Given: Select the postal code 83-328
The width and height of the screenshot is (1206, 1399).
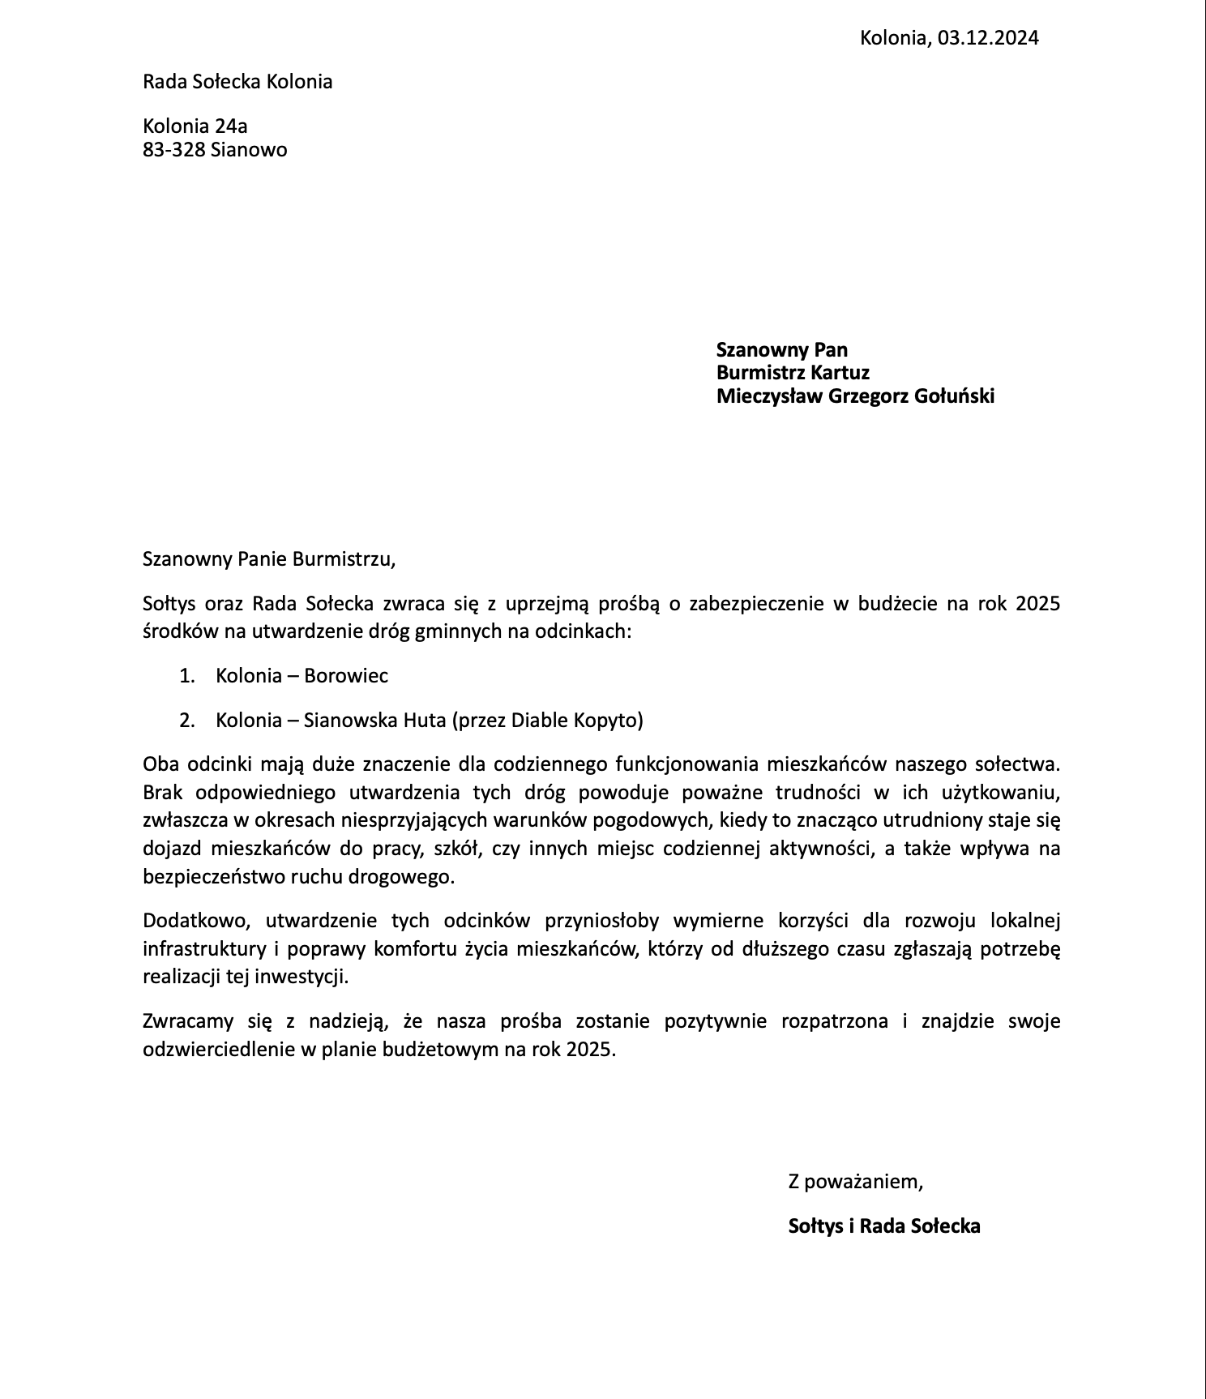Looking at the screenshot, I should click(x=173, y=150).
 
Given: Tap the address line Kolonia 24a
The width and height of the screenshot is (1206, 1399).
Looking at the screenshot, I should click(x=195, y=126).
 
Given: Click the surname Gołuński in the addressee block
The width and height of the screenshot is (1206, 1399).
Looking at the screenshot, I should click(x=954, y=396).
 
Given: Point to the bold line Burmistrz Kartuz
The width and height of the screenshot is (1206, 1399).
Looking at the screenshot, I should click(x=793, y=373).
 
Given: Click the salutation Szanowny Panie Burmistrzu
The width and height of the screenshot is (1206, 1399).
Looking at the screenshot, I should click(x=268, y=558).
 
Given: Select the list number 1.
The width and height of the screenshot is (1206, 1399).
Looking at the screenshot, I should click(x=186, y=676).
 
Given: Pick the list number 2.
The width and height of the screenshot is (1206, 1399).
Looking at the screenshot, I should click(x=186, y=720).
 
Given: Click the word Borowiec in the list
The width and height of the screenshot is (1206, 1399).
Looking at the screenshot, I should click(x=346, y=676).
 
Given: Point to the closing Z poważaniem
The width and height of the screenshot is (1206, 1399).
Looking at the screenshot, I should click(x=856, y=1182).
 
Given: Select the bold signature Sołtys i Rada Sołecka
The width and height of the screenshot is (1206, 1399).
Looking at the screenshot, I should click(x=884, y=1226).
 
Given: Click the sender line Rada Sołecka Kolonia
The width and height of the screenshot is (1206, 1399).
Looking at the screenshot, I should click(x=237, y=82).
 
